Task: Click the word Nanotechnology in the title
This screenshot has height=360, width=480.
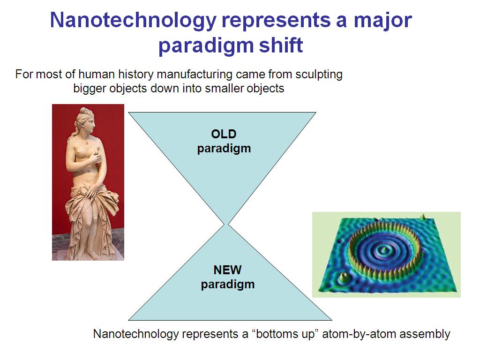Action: (133, 21)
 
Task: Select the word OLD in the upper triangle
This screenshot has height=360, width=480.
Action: (224, 134)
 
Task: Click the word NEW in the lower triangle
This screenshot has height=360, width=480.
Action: (227, 270)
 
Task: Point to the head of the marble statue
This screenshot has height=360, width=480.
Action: (87, 120)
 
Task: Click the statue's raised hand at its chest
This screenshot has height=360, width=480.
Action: (97, 157)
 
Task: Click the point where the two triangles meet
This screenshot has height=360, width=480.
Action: (226, 225)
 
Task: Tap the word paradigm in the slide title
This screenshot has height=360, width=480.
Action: (206, 46)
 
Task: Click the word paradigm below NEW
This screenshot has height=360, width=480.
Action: (228, 285)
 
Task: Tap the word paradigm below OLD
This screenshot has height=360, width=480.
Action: (224, 149)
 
